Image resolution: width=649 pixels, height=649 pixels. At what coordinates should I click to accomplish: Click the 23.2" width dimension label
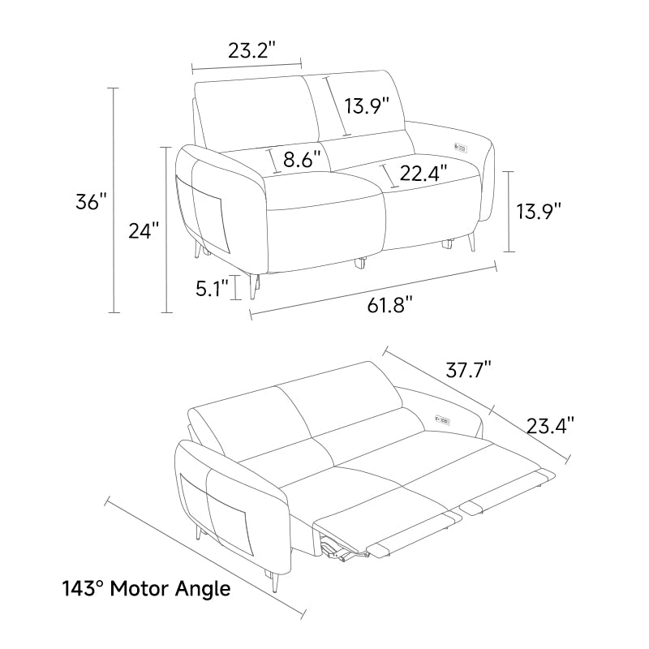click(251, 50)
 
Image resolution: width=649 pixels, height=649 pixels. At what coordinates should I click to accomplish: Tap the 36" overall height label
click(91, 201)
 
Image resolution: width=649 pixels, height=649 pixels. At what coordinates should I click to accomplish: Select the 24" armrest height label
click(144, 230)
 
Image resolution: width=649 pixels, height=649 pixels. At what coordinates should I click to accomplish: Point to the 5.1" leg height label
click(212, 288)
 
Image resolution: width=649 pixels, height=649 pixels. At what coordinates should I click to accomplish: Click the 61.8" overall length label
click(390, 305)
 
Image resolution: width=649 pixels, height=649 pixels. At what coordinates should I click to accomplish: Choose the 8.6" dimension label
click(302, 158)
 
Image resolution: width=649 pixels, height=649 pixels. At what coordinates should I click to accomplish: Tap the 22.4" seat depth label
click(423, 173)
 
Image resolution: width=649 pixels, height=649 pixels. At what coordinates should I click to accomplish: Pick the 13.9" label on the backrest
click(367, 105)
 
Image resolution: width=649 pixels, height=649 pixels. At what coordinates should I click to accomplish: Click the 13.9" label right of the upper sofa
click(539, 211)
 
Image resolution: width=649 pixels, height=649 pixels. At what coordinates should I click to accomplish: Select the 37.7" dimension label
click(469, 369)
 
